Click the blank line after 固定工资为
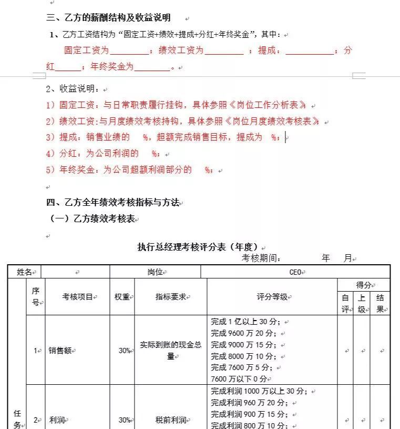click(x=129, y=52)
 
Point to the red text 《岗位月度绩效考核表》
click(x=273, y=122)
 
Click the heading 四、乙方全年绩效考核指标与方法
click(x=113, y=203)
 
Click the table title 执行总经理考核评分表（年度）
click(x=197, y=247)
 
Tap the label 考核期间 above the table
click(x=261, y=258)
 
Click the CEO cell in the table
click(x=295, y=272)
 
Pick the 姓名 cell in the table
click(x=24, y=272)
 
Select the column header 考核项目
click(x=77, y=297)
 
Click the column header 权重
click(x=122, y=297)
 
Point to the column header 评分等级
click(x=272, y=297)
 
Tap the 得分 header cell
click(x=363, y=285)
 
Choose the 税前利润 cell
click(x=171, y=420)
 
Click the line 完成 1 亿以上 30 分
click(x=245, y=322)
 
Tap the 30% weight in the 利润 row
click(x=124, y=420)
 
